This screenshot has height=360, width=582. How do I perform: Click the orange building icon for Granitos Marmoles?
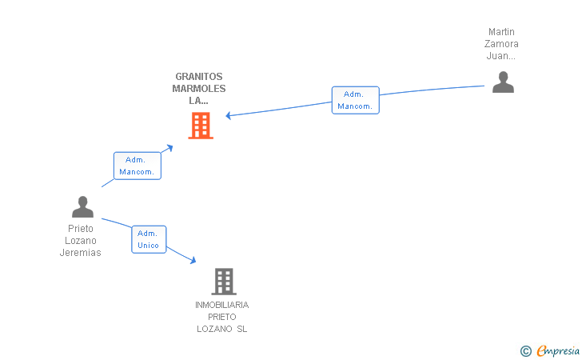200,125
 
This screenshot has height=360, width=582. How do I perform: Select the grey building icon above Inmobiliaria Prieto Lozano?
224,281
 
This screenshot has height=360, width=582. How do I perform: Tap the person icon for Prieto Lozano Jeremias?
82,207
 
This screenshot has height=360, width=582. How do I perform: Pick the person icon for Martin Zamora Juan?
503,82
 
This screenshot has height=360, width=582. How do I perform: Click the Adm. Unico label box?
149,239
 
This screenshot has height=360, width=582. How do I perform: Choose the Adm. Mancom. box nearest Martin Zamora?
355,100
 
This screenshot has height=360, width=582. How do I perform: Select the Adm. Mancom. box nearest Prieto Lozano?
138,166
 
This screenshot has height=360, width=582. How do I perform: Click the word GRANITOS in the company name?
199,77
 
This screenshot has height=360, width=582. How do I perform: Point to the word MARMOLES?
199,89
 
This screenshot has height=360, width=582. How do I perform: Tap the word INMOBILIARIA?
222,305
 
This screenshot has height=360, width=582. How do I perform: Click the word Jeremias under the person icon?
80,253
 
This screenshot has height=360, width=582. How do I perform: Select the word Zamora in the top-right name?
503,44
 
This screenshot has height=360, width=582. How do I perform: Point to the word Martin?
502,32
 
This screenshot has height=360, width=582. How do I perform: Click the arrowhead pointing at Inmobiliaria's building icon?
192,260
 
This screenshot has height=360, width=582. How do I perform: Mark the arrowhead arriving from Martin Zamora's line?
229,116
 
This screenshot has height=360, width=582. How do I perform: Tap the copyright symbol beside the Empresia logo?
525,350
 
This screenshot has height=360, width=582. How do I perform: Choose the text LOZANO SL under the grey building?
222,329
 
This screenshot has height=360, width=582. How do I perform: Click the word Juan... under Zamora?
501,56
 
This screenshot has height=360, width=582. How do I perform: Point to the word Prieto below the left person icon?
81,229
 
